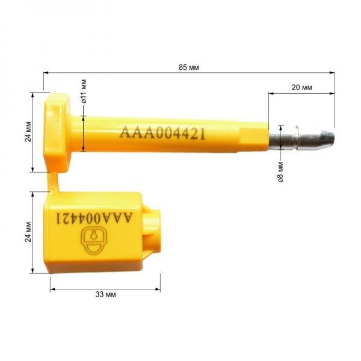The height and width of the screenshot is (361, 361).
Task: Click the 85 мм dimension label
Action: click(188, 67)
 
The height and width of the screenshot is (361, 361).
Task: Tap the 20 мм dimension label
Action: click(302, 87)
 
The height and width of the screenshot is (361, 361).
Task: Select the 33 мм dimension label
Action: click(106, 294)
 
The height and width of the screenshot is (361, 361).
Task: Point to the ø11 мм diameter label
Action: click(84, 91)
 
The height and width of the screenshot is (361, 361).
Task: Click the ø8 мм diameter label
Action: click(280, 172)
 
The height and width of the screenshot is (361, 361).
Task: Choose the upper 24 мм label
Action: click(28, 131)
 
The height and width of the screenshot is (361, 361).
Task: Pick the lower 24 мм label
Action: click(28, 232)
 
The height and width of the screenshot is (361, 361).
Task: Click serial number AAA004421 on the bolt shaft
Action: click(162, 133)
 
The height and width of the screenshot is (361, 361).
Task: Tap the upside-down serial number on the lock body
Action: click(94, 218)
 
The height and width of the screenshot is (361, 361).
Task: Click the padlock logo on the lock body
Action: click(94, 241)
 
